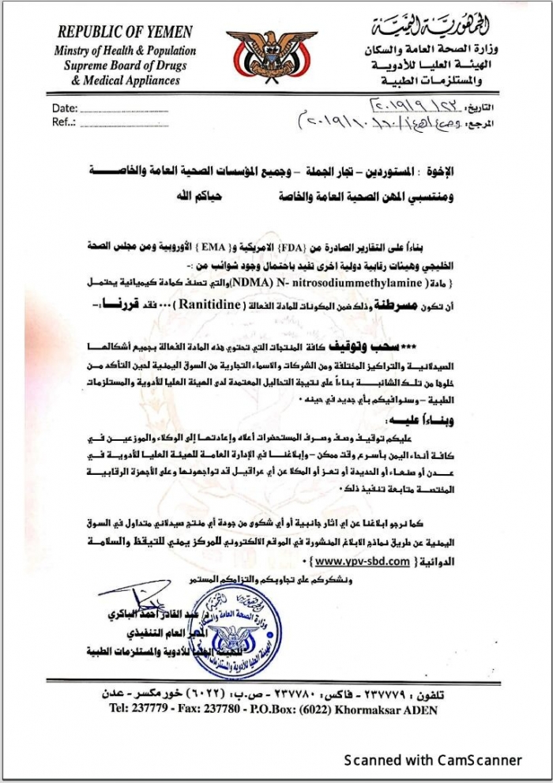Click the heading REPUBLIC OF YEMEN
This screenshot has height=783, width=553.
[125, 33]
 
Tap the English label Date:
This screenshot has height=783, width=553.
[65, 108]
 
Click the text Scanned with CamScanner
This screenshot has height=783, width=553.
[433, 760]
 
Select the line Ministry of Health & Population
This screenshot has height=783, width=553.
[125, 51]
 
